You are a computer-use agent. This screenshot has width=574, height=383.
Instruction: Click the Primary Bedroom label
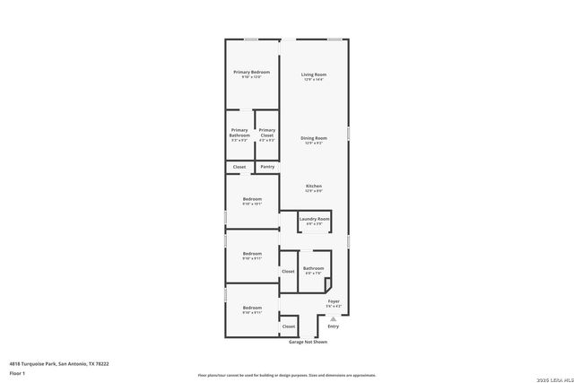(252, 72)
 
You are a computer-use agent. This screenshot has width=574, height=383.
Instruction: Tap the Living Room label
(313, 74)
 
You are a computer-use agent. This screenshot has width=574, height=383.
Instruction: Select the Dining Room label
(314, 138)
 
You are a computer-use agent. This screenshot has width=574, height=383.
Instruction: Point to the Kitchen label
(313, 186)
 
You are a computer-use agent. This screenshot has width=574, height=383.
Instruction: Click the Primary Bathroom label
(239, 133)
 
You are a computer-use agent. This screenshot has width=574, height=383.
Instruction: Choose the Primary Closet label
(267, 133)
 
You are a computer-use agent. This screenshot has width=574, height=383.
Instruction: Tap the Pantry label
(267, 167)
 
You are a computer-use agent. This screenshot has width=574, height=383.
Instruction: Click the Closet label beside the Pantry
(239, 167)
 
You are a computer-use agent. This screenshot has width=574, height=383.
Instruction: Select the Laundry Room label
(314, 219)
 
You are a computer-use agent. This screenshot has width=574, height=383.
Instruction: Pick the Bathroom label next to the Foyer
(313, 268)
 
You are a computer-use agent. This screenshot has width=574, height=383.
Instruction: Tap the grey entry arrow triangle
(333, 318)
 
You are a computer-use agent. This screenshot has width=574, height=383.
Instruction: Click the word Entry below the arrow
(333, 326)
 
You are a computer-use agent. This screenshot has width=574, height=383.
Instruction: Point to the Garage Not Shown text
(308, 342)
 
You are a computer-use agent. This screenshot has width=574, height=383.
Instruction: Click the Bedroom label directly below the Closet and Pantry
(252, 199)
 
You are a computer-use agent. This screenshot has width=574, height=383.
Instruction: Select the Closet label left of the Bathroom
(288, 271)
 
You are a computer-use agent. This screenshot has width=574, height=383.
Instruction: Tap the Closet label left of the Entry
(289, 326)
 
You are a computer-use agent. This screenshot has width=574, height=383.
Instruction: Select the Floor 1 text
(17, 372)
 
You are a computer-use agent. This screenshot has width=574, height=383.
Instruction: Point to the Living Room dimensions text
(313, 80)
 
